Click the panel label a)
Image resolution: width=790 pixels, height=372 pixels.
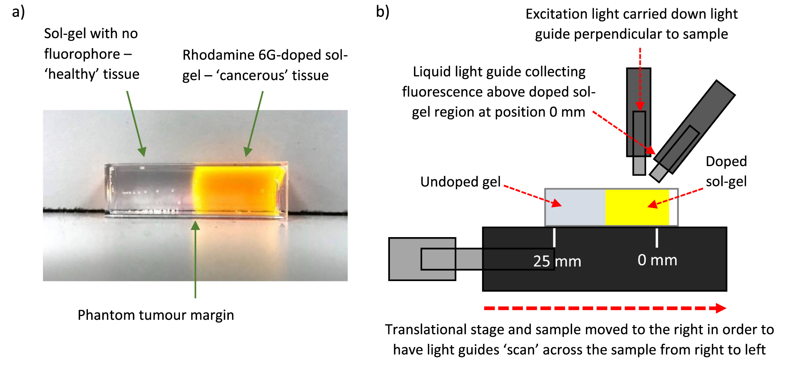point(18,12)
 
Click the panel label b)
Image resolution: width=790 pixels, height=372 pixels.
point(382,12)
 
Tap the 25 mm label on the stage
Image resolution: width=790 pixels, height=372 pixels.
point(557,261)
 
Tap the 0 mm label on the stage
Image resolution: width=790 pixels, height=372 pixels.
point(657,260)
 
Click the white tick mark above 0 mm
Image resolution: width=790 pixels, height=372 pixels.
point(657,238)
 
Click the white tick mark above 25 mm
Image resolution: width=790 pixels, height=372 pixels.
point(554,238)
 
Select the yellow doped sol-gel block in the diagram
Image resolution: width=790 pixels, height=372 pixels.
point(637,207)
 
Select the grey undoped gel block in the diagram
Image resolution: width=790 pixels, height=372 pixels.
point(575,207)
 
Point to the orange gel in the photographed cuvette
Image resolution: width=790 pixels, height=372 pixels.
point(237,190)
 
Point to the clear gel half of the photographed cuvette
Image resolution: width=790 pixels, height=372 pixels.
point(150,190)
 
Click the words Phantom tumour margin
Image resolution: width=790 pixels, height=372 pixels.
point(156,315)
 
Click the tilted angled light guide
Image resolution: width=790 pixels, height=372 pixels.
point(695,128)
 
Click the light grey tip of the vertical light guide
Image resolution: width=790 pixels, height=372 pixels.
point(639,166)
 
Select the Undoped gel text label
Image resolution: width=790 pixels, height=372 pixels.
point(460,182)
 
